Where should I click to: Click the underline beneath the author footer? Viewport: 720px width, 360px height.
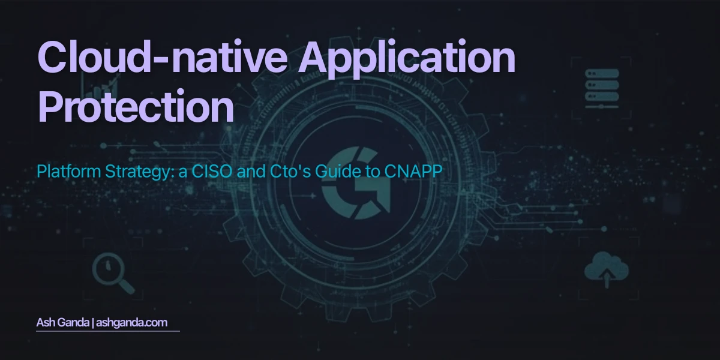[108, 331]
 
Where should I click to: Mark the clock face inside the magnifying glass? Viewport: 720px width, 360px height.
[107, 267]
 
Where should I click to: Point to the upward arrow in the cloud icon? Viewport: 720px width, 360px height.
[606, 276]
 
